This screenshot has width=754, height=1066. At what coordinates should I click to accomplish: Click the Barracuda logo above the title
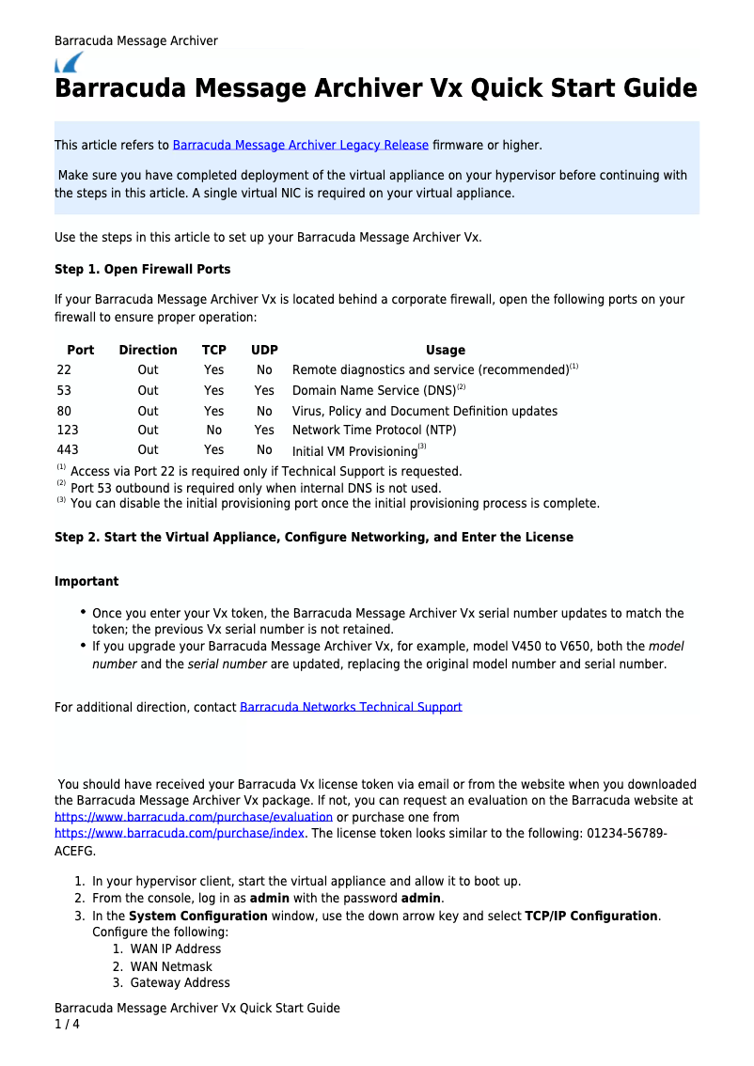point(69,63)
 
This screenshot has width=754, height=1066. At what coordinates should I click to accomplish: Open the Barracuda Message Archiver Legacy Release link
point(301,146)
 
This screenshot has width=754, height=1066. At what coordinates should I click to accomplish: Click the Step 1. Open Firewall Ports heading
point(142,270)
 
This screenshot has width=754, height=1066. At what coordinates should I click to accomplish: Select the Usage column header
point(445,350)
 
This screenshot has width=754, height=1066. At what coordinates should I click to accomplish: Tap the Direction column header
point(148,350)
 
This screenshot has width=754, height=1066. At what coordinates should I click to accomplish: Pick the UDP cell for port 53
point(264,390)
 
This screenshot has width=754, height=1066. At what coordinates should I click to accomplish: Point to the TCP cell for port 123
point(214,431)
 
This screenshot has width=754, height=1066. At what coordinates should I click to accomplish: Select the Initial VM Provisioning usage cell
point(355,451)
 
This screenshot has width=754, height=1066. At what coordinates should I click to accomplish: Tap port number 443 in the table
point(67,450)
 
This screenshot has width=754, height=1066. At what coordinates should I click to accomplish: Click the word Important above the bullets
point(86,582)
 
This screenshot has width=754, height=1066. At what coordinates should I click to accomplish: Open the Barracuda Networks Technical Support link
point(351,707)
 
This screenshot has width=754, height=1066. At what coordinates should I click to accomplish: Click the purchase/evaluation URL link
point(194,817)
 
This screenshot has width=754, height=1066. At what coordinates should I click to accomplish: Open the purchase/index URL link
point(180,833)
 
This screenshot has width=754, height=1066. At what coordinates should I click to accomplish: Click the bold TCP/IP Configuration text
point(590,916)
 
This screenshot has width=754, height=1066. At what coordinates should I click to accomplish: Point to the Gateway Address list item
point(180,983)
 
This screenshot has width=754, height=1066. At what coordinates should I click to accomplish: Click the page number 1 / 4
point(67,1025)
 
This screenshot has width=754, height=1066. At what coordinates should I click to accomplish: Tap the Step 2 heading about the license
point(314,538)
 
